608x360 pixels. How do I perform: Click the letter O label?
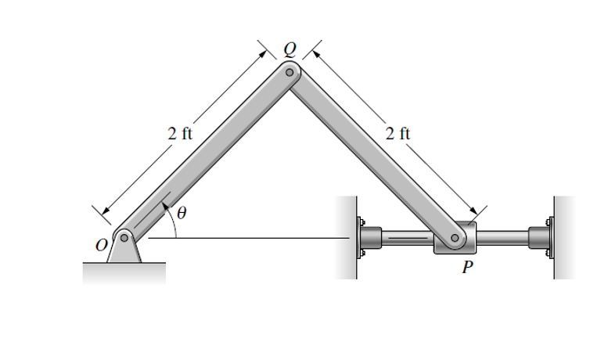pos(100,245)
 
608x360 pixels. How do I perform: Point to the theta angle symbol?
pos(182,212)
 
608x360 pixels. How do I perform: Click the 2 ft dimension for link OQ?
pos(181,132)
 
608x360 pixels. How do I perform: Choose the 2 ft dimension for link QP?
pos(398,132)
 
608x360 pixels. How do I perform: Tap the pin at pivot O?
pos(124,237)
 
